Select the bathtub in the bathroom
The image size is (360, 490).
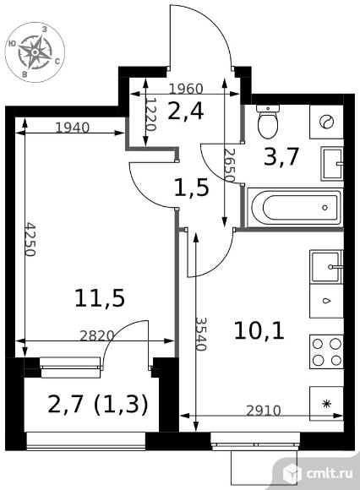(x=294, y=207)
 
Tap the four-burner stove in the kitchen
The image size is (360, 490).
(x=326, y=352)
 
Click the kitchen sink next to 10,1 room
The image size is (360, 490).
(x=326, y=267)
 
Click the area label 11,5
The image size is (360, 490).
(x=100, y=298)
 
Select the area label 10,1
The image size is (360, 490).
(x=259, y=331)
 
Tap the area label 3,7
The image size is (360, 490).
(x=281, y=156)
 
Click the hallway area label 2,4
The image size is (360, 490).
(x=186, y=112)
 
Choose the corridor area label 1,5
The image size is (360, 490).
(x=191, y=188)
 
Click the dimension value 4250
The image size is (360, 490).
(x=30, y=239)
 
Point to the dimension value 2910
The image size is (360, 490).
(x=264, y=411)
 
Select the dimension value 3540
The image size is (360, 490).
(x=201, y=334)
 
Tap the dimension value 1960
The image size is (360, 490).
(x=186, y=89)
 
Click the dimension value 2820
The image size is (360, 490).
(x=97, y=335)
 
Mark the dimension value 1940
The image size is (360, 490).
(x=72, y=128)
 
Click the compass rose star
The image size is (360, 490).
(x=35, y=52)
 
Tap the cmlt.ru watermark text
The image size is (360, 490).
(x=330, y=473)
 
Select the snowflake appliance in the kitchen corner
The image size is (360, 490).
(x=326, y=404)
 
